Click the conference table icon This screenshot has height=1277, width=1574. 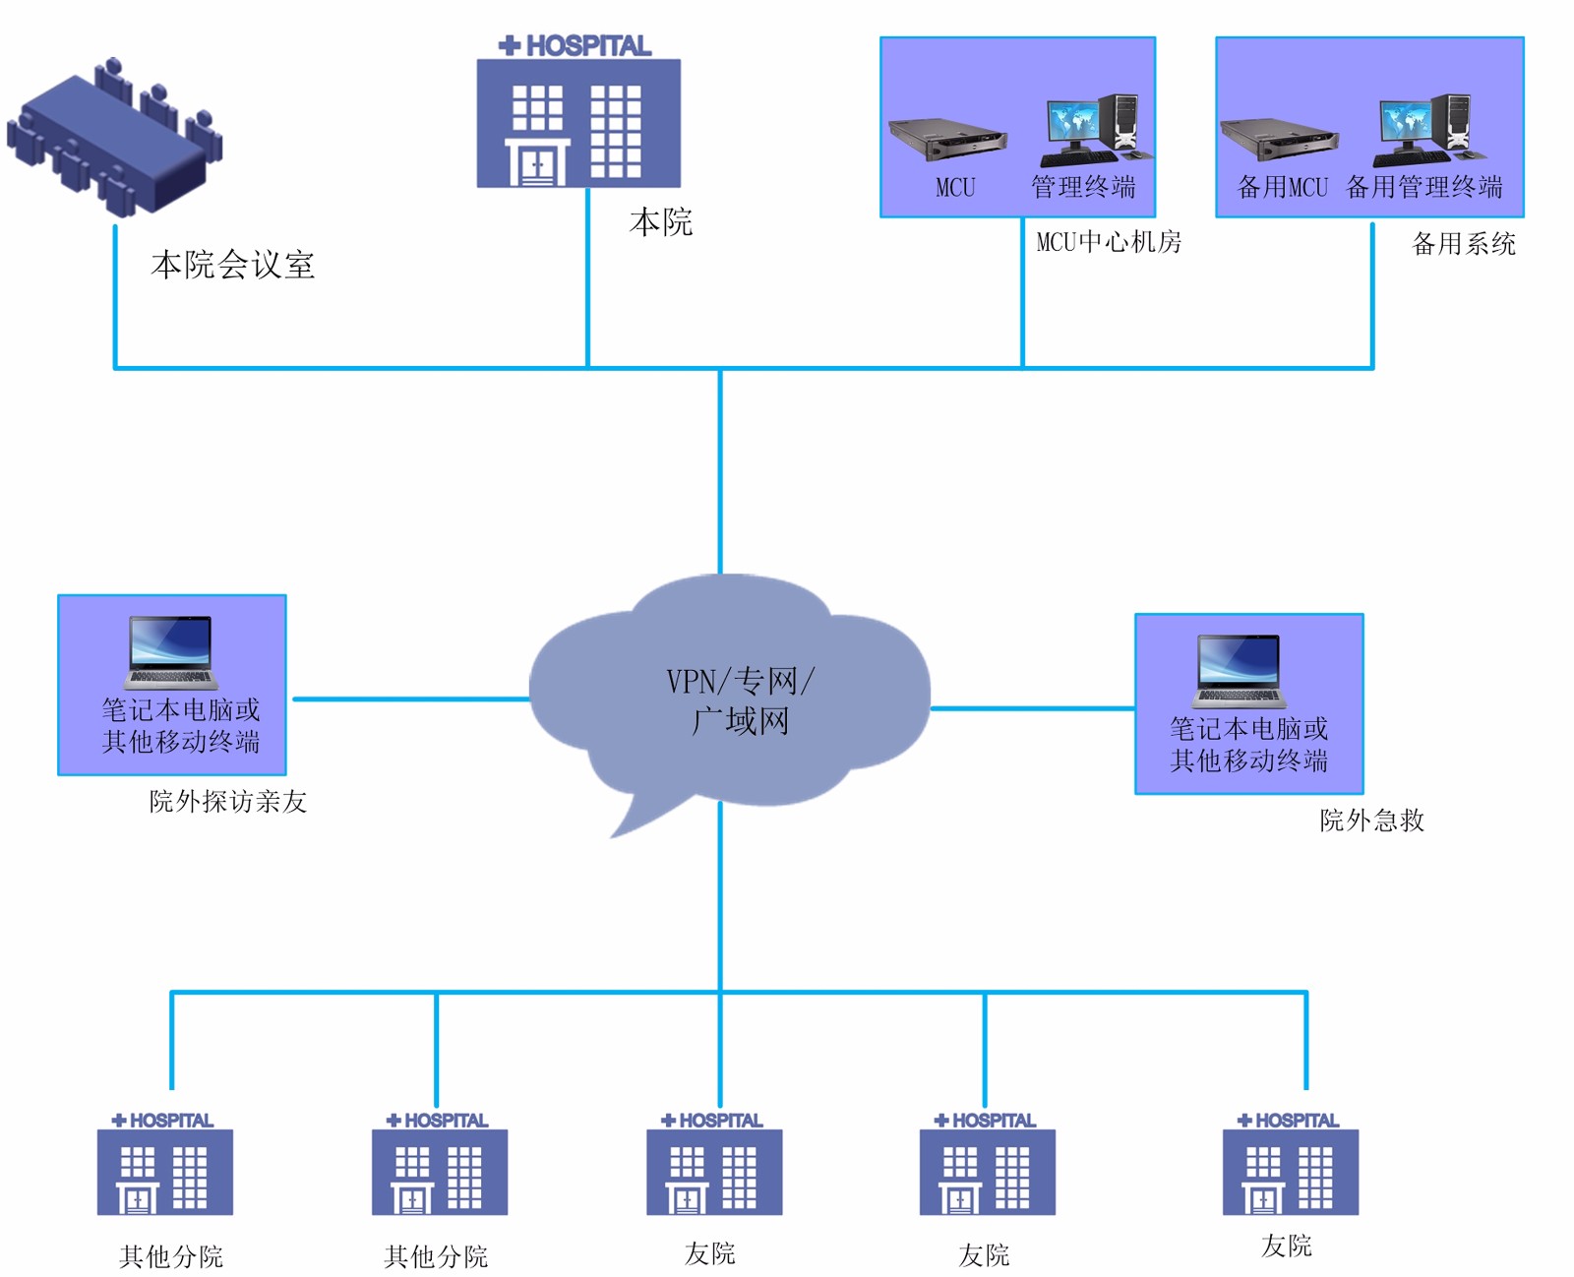click(113, 138)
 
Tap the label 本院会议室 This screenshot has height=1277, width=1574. click(232, 265)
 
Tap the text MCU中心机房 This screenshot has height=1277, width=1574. click(1109, 242)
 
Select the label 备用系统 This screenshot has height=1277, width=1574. click(1464, 244)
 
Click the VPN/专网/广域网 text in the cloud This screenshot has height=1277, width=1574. click(740, 700)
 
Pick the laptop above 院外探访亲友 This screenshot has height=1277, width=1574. click(171, 652)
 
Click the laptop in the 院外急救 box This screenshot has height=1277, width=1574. click(1240, 671)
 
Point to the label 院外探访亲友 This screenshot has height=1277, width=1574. click(228, 802)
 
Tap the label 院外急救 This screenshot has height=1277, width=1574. click(1371, 821)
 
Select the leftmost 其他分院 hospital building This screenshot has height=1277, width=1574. click(165, 1171)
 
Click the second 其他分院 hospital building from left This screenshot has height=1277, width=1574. click(440, 1171)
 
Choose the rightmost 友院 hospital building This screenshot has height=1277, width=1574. click(1291, 1171)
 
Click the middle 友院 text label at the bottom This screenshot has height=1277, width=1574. click(984, 1255)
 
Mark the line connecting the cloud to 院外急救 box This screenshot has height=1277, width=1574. click(1033, 707)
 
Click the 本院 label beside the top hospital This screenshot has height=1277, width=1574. click(661, 222)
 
